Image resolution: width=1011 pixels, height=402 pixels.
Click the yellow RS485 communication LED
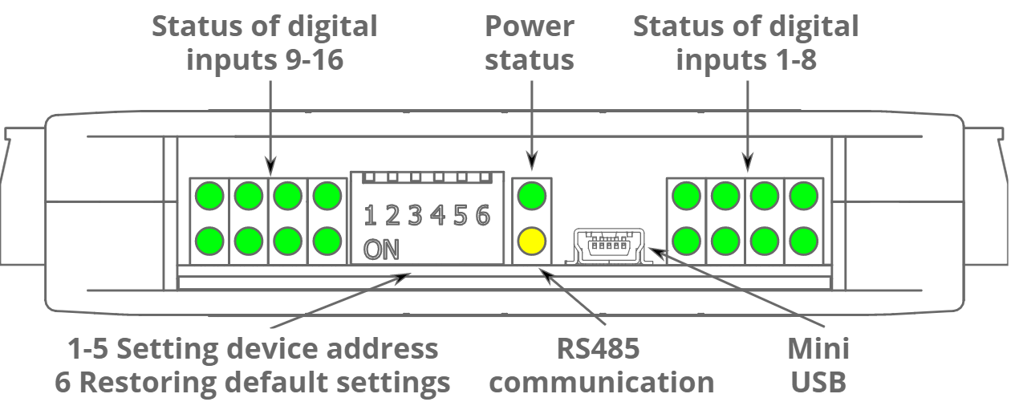[532, 239]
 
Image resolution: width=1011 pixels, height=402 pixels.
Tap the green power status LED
[532, 195]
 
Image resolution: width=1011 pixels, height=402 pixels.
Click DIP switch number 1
[370, 215]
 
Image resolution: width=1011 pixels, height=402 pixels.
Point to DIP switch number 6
[482, 215]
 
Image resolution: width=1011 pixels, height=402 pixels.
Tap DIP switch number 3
[415, 215]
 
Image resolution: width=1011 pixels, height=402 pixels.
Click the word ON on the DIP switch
[381, 250]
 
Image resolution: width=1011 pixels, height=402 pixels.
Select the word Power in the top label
[530, 26]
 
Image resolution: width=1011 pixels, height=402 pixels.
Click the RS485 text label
[604, 349]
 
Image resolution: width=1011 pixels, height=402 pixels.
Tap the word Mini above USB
[818, 349]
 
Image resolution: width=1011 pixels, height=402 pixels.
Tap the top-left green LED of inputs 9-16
[210, 195]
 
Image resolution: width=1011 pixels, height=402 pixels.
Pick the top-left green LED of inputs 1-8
[687, 195]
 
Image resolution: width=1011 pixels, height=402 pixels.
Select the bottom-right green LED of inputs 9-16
[327, 239]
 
